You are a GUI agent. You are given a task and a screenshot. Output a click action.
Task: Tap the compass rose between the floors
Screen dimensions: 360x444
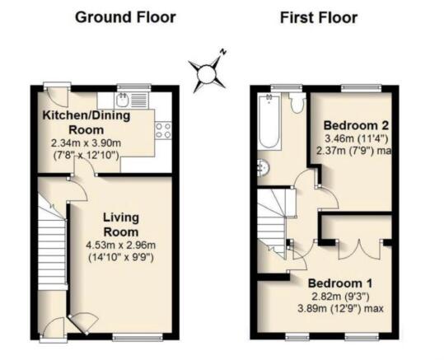207,74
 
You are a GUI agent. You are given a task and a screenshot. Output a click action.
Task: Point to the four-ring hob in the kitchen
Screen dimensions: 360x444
162,129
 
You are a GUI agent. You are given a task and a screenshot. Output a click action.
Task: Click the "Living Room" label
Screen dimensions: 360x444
122,224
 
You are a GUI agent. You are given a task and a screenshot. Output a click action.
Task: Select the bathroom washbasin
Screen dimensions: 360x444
263,168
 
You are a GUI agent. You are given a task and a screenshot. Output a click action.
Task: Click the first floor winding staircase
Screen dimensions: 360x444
276,218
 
